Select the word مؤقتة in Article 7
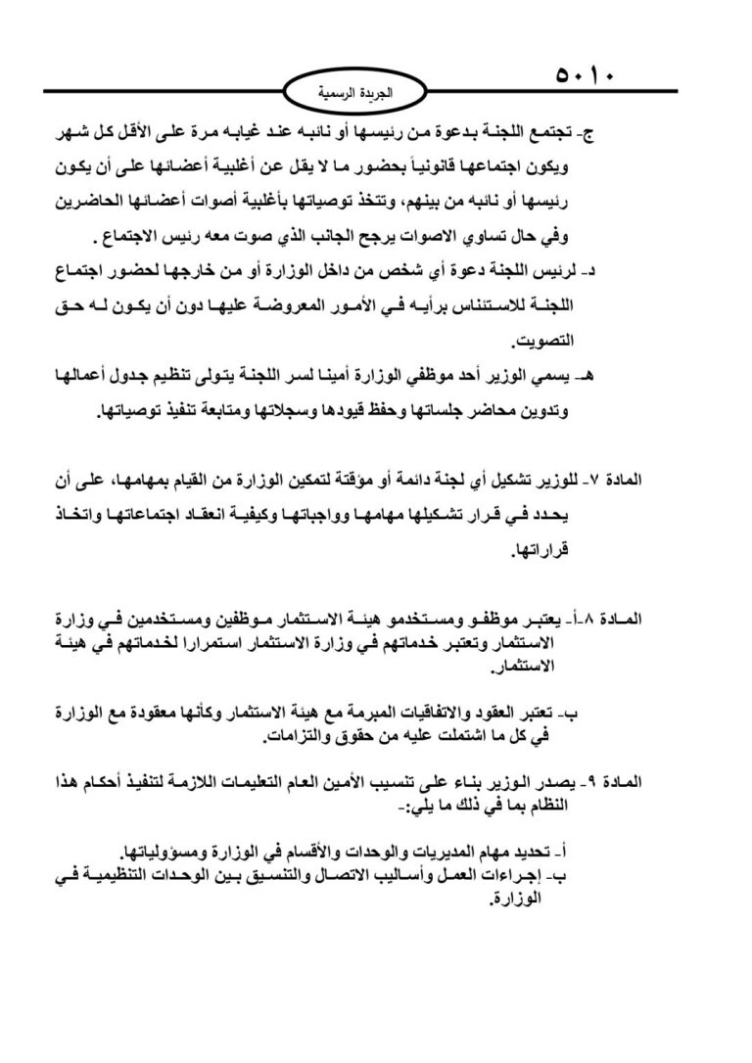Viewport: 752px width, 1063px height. tap(371, 480)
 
